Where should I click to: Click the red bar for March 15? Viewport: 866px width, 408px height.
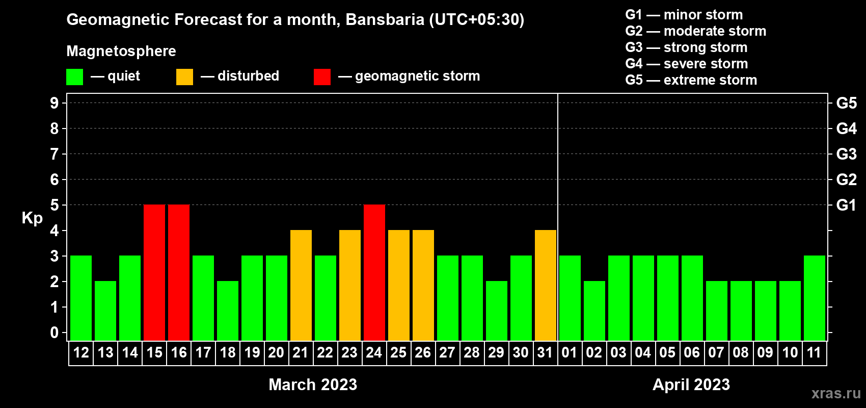[x=154, y=272]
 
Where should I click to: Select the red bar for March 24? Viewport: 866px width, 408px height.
[x=374, y=272]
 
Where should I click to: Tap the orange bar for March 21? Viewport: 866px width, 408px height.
[x=301, y=285]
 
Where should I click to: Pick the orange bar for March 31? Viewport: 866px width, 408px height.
[x=546, y=285]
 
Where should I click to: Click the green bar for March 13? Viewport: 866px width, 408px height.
[x=105, y=311]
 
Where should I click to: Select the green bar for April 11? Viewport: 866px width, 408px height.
[x=815, y=298]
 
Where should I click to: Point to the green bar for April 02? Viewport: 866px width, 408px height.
[x=594, y=311]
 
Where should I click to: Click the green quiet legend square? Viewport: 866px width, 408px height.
[x=74, y=76]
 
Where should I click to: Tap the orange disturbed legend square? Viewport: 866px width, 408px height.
[x=184, y=76]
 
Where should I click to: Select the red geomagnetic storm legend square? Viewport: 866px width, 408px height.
[x=322, y=76]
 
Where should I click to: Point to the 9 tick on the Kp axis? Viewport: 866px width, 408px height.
[x=54, y=103]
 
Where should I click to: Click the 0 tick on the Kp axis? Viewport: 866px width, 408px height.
[x=54, y=333]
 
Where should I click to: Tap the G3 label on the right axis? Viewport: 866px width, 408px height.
[x=846, y=154]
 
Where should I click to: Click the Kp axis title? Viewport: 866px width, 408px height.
[x=32, y=218]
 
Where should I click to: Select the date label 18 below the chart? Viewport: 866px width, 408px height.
[x=228, y=352]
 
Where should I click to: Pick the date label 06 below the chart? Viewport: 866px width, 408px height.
[x=692, y=352]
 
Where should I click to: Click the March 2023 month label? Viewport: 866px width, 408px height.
[x=313, y=385]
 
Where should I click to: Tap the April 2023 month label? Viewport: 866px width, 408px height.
[x=691, y=385]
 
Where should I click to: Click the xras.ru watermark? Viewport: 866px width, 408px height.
[x=836, y=393]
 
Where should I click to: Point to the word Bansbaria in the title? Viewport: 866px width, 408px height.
[x=385, y=19]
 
